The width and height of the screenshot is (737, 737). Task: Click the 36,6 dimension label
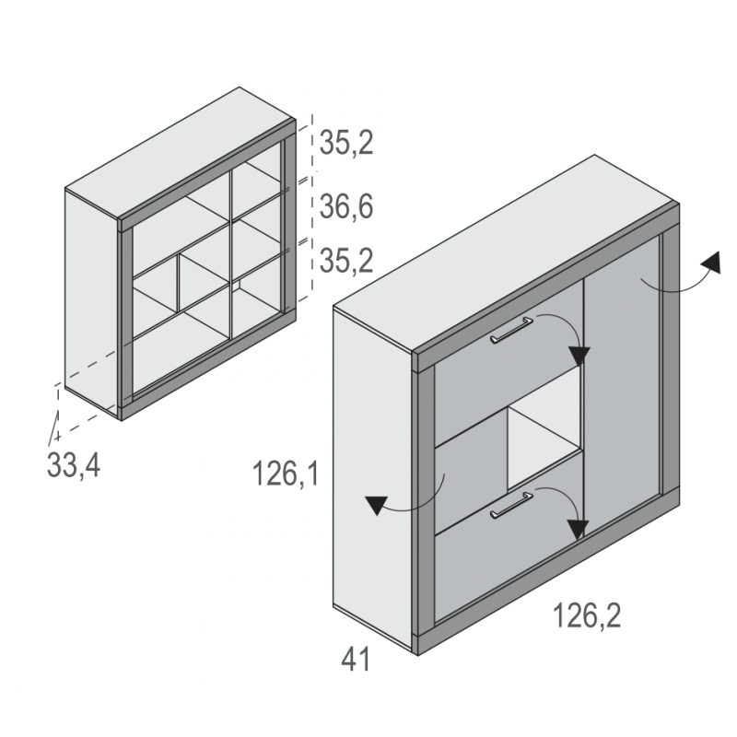[346, 206]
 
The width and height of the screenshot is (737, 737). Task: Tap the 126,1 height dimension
[286, 474]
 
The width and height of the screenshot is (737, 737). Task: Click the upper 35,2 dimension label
[346, 143]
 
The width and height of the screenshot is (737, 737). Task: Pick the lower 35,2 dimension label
[346, 261]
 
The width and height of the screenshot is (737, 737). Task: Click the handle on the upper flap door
[511, 331]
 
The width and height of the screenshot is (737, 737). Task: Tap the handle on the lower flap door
[511, 505]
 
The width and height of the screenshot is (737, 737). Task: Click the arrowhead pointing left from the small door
[377, 505]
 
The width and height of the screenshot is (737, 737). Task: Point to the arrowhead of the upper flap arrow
[579, 356]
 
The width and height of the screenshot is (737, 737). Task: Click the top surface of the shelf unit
[181, 153]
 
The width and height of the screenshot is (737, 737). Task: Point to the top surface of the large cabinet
[505, 254]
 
